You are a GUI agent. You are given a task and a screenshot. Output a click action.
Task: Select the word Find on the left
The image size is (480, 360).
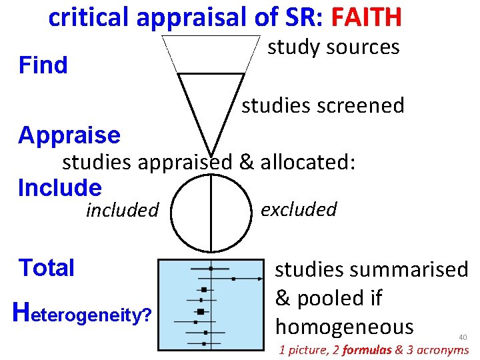pyautogui.click(x=43, y=65)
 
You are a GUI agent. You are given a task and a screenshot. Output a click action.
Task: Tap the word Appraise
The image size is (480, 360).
pyautogui.click(x=69, y=135)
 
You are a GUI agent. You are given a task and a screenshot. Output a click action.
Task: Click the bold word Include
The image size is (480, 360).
pyautogui.click(x=60, y=188)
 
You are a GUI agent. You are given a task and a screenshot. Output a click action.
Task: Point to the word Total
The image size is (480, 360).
pyautogui.click(x=47, y=268)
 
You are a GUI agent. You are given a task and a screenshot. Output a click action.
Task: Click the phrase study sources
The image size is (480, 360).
pyautogui.click(x=333, y=47)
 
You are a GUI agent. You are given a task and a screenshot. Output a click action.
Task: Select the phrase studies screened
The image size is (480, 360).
pyautogui.click(x=323, y=105)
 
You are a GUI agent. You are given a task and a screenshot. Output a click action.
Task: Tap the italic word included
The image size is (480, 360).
pyautogui.click(x=122, y=211)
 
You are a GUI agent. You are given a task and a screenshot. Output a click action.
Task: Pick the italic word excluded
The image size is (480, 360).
pyautogui.click(x=299, y=209)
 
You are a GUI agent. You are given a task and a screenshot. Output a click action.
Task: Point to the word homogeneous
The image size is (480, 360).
pyautogui.click(x=344, y=327)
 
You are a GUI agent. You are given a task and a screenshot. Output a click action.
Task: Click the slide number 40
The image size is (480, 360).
pyautogui.click(x=462, y=338)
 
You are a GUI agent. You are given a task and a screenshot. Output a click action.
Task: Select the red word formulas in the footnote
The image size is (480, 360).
pyautogui.click(x=365, y=350)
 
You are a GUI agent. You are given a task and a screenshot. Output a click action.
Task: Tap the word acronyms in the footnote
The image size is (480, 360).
pyautogui.click(x=443, y=350)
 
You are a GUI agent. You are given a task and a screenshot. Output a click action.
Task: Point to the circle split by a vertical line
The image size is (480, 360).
pyautogui.click(x=210, y=212)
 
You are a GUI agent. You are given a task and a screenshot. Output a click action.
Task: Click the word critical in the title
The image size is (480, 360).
pyautogui.click(x=89, y=18)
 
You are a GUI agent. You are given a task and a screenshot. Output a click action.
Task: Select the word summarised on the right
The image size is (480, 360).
pyautogui.click(x=418, y=269)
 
